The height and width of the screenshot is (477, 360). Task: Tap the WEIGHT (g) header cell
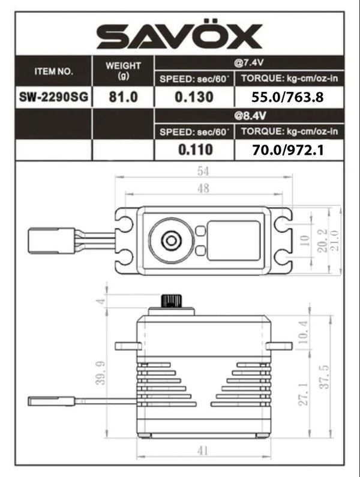tap(123, 71)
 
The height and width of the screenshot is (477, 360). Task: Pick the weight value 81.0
tap(123, 97)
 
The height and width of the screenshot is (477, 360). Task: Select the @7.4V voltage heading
tap(249, 62)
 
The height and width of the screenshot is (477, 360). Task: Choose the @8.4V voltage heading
tap(249, 115)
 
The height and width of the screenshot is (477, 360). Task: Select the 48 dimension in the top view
tap(202, 188)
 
